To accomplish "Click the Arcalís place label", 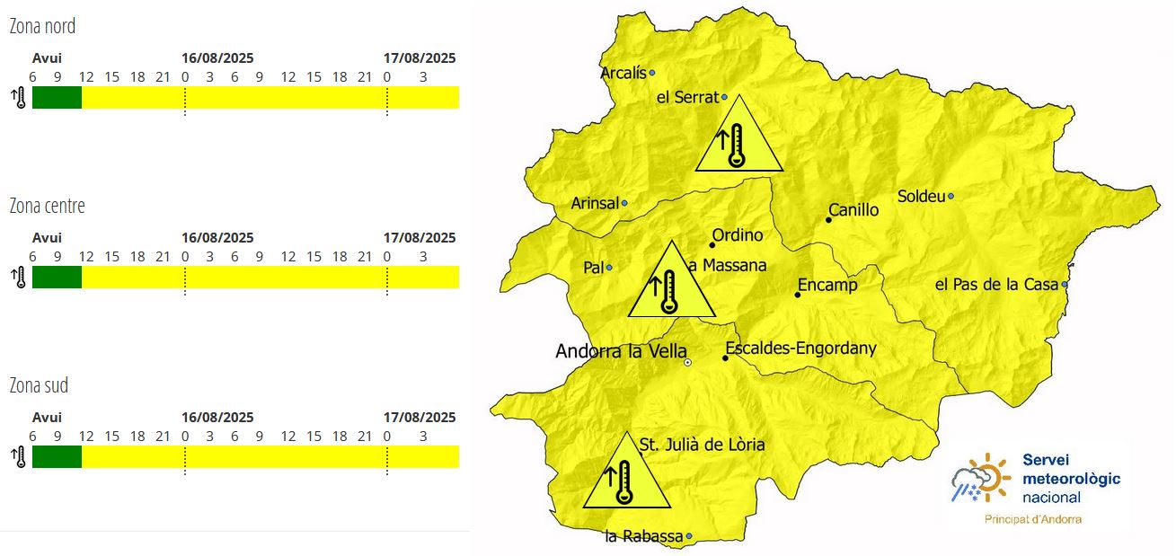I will click(623, 74).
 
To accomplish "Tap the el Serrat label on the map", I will click(687, 98).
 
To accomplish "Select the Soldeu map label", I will click(921, 197).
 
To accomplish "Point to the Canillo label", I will click(853, 211).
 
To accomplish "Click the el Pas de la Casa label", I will click(996, 285).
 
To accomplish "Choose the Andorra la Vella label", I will click(621, 351).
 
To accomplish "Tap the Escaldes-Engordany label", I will click(800, 349).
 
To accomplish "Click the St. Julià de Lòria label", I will click(702, 444).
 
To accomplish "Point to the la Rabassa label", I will click(643, 537).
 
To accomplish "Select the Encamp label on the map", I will click(827, 286).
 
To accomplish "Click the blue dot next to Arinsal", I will click(624, 203).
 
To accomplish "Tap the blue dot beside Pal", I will click(609, 267).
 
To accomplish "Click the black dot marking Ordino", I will click(712, 244).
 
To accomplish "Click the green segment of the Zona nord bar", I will click(57, 97).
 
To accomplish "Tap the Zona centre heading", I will click(47, 206).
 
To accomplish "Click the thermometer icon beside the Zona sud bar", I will click(19, 456).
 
